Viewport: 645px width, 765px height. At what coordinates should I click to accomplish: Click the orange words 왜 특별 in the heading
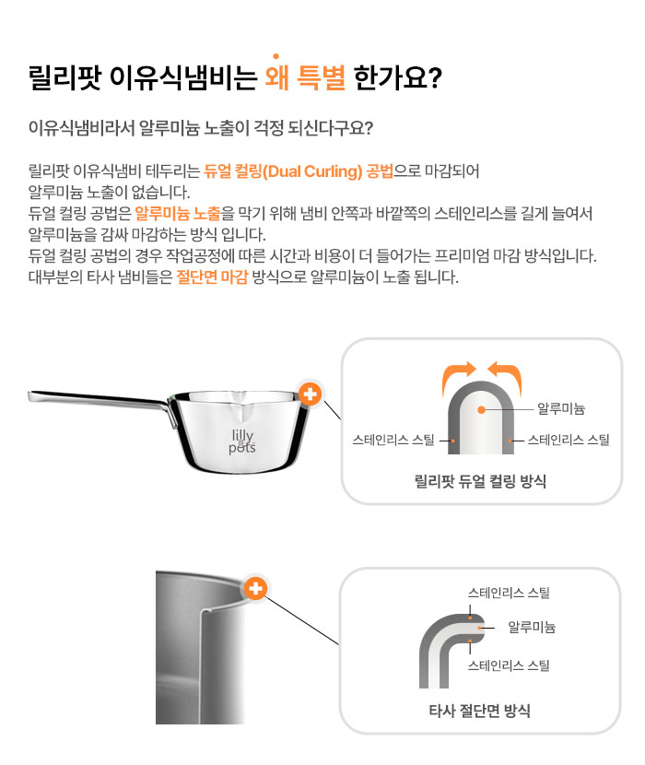click(305, 77)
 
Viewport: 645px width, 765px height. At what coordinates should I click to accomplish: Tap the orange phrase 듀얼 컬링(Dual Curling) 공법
click(299, 171)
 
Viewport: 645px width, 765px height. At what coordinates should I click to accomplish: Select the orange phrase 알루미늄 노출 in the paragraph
click(178, 213)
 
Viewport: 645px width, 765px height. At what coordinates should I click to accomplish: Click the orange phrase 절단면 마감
click(212, 277)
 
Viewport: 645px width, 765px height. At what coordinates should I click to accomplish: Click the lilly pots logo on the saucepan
click(242, 441)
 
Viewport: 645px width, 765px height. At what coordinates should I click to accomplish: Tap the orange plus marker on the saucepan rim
click(310, 394)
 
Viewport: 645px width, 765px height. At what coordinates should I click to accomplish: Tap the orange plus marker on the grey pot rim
click(255, 588)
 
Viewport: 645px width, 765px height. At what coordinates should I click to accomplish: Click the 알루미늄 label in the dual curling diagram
click(561, 408)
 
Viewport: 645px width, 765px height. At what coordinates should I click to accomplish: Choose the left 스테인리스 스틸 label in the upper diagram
click(393, 440)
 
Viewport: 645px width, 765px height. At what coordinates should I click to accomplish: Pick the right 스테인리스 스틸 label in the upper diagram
click(569, 440)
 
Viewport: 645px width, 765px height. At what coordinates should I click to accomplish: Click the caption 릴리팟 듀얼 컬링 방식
click(480, 481)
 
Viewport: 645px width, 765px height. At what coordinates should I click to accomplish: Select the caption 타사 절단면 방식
click(479, 711)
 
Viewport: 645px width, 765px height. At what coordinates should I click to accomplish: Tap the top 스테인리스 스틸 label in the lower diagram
click(509, 593)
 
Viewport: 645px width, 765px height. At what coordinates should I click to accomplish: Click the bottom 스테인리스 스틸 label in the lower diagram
click(509, 665)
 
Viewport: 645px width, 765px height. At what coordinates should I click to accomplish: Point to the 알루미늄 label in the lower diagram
click(532, 627)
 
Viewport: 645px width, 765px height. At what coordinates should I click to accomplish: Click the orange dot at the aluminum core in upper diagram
click(482, 410)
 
